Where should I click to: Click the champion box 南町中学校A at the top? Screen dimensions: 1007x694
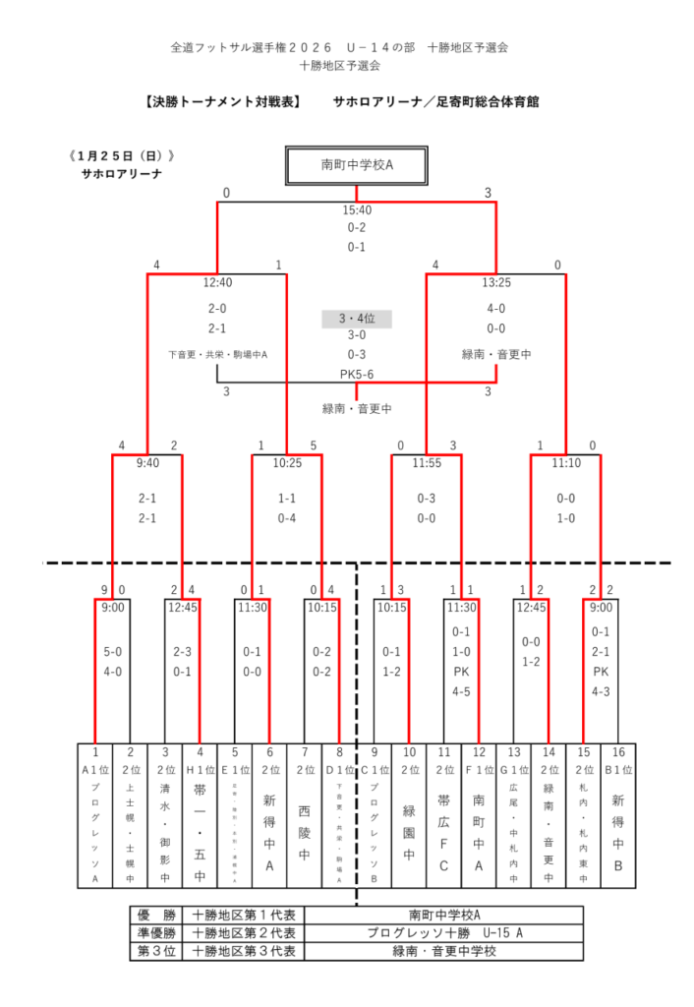tap(356, 164)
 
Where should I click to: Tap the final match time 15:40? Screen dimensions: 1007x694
tap(356, 209)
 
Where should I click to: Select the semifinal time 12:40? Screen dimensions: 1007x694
tap(217, 282)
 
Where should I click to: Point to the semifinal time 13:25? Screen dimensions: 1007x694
tap(496, 282)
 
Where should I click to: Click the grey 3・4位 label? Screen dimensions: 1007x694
tap(356, 319)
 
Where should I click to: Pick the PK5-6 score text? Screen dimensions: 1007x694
tap(356, 373)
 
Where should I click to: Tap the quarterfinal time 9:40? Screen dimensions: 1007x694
tap(147, 461)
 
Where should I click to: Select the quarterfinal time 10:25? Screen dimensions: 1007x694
tap(287, 461)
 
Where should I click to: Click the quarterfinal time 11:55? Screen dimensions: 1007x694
tap(426, 461)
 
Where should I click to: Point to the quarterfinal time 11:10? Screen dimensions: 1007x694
tap(565, 461)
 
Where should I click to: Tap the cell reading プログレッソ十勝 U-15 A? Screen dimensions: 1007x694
tap(444, 932)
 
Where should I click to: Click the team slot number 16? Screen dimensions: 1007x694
tap(617, 751)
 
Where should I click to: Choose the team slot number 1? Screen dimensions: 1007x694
tap(95, 751)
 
